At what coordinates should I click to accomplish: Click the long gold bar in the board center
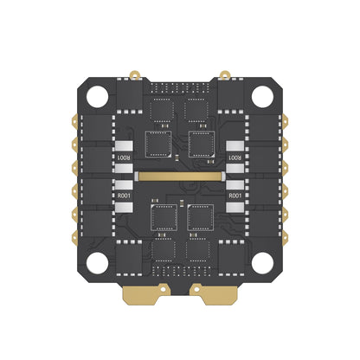pyautogui.click(x=179, y=175)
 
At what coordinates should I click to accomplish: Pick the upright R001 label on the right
pyautogui.click(x=235, y=196)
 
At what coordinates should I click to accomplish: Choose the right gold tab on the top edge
pyautogui.click(x=224, y=74)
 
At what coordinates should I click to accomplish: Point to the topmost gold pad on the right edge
pyautogui.click(x=288, y=123)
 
